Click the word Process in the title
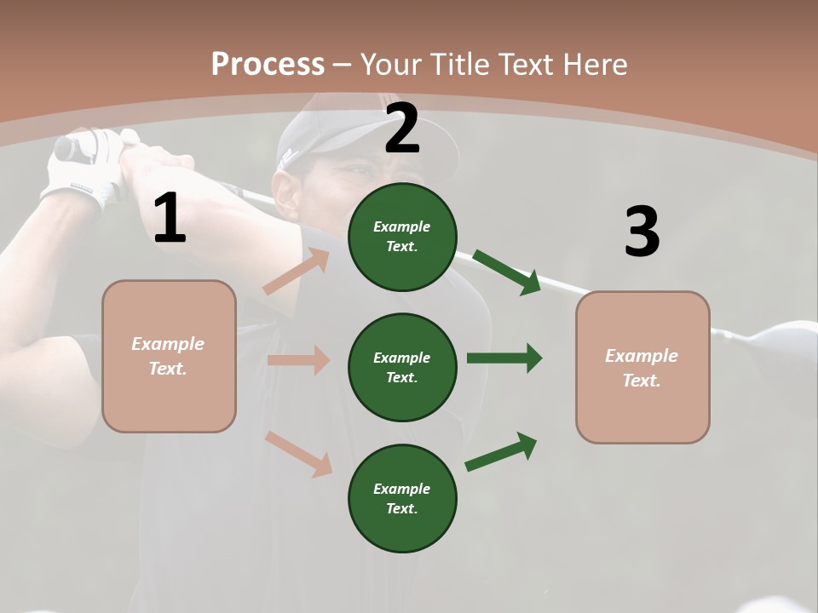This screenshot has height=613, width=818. click(x=268, y=65)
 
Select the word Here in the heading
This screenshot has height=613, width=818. click(x=592, y=65)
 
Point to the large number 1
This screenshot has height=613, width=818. click(x=170, y=219)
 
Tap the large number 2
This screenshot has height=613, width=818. click(x=402, y=129)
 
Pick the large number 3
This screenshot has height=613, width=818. click(x=642, y=232)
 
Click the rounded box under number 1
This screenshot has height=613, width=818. click(x=169, y=356)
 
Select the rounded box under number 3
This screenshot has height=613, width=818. click(x=642, y=367)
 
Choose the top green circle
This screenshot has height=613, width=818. click(x=402, y=237)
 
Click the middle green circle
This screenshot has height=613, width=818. click(x=402, y=367)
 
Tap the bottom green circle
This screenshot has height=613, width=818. click(x=402, y=498)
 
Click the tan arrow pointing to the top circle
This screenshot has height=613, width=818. click(x=297, y=272)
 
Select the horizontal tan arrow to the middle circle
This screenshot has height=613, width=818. click(x=298, y=360)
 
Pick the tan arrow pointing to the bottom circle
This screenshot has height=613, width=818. click(x=299, y=454)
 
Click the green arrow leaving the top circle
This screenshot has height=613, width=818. click(x=507, y=272)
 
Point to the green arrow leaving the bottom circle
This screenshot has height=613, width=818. click(x=501, y=452)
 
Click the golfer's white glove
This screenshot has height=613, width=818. click(x=85, y=175)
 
